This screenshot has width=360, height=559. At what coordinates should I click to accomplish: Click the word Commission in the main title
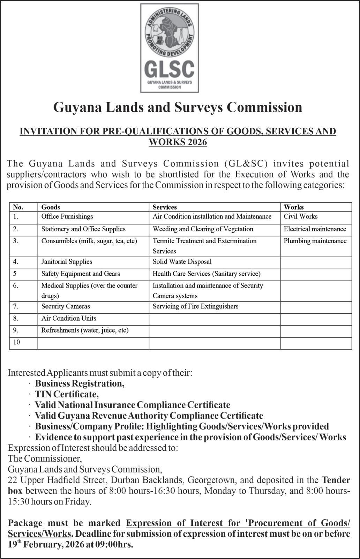264,107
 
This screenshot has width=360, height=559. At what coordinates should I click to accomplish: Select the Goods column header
51,207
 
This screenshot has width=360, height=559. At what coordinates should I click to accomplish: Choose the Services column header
165,207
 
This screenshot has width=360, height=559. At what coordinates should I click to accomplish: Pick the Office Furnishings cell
67,216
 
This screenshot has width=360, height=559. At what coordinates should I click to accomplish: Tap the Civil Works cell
300,216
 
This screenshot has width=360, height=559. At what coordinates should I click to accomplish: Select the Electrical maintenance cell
315,229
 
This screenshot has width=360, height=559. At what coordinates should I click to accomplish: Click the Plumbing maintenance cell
315,241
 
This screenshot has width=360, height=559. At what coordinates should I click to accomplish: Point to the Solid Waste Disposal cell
182,262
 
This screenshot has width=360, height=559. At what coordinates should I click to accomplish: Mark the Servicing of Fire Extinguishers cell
195,306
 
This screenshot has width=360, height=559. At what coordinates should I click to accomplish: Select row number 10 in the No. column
16,342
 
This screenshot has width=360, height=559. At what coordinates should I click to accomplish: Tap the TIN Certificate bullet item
67,394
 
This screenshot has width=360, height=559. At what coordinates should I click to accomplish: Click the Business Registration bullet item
80,383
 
